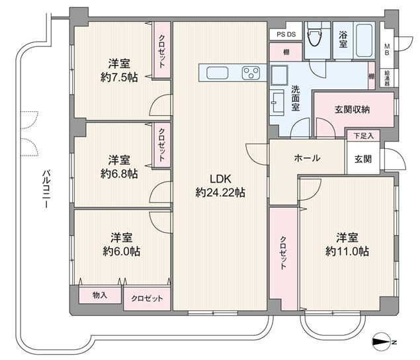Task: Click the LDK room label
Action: point(220,179)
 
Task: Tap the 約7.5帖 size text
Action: point(119,77)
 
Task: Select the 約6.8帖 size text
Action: point(119,174)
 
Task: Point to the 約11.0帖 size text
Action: point(347,251)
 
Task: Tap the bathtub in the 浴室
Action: point(363,40)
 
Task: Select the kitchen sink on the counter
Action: point(217,73)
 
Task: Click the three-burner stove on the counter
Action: point(251,73)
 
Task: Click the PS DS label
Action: point(286,34)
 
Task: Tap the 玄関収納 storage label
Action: point(352,109)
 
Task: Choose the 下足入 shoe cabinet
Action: point(363,136)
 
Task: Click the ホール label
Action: point(307,158)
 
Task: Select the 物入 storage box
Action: point(100,295)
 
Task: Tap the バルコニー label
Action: point(46,189)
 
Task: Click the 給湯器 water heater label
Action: point(388,78)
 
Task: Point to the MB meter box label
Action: point(387,50)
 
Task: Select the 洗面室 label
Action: point(296,98)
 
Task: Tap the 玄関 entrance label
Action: point(363,159)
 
